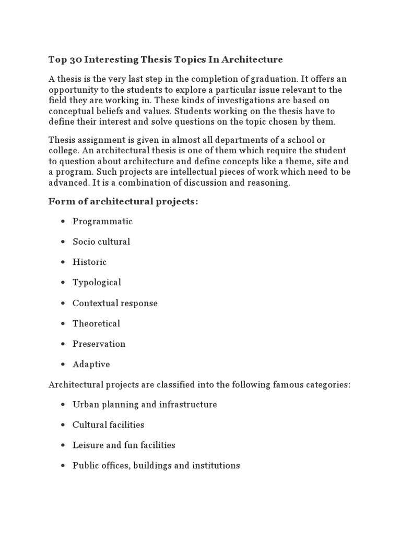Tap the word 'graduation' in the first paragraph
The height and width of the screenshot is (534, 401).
point(274,79)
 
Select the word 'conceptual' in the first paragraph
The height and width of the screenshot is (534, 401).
point(69,111)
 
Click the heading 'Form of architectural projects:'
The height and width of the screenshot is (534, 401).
point(123,202)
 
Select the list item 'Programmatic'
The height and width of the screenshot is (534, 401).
point(102,222)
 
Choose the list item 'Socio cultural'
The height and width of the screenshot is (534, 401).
point(101,242)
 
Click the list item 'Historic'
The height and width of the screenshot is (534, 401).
point(89,262)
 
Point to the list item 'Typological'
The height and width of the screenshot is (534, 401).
point(97,283)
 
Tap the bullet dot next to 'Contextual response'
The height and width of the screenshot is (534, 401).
point(63,304)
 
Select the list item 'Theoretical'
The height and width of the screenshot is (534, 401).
point(96,323)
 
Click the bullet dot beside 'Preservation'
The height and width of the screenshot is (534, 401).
point(63,344)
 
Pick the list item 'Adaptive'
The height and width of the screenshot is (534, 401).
point(91,365)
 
